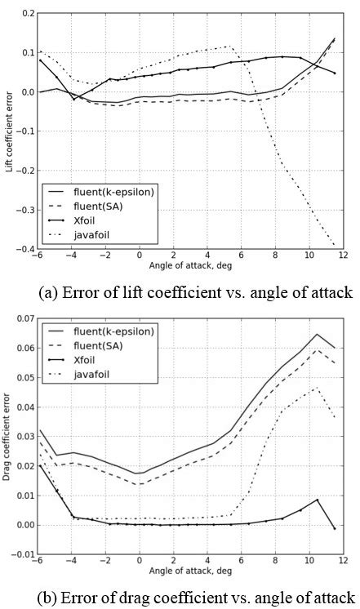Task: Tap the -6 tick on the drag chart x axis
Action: [38, 563]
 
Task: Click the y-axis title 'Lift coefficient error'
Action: [7, 131]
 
